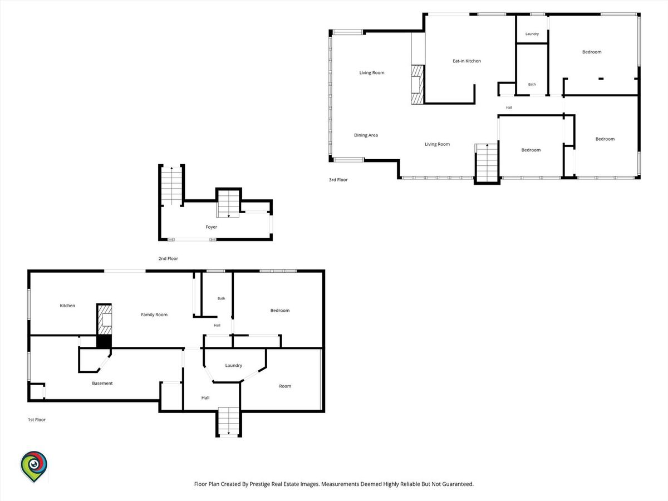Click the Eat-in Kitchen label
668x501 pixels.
(x=466, y=61)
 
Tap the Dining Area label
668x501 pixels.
(x=366, y=135)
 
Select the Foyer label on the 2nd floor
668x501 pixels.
(x=211, y=227)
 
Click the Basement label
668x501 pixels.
(x=102, y=384)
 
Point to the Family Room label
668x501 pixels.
(x=154, y=315)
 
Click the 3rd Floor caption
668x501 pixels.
(x=338, y=180)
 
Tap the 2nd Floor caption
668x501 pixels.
(x=168, y=258)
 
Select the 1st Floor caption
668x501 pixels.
(x=37, y=420)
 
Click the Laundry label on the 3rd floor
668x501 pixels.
(x=532, y=34)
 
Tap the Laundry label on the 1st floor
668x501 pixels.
(x=233, y=366)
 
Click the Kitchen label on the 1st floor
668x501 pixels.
(x=67, y=306)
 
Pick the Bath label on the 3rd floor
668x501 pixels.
(x=532, y=84)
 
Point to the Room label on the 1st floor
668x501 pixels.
(x=285, y=386)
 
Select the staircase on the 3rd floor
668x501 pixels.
(x=487, y=163)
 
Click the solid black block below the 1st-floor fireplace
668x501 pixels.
(x=104, y=342)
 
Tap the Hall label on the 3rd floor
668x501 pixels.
(x=509, y=107)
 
